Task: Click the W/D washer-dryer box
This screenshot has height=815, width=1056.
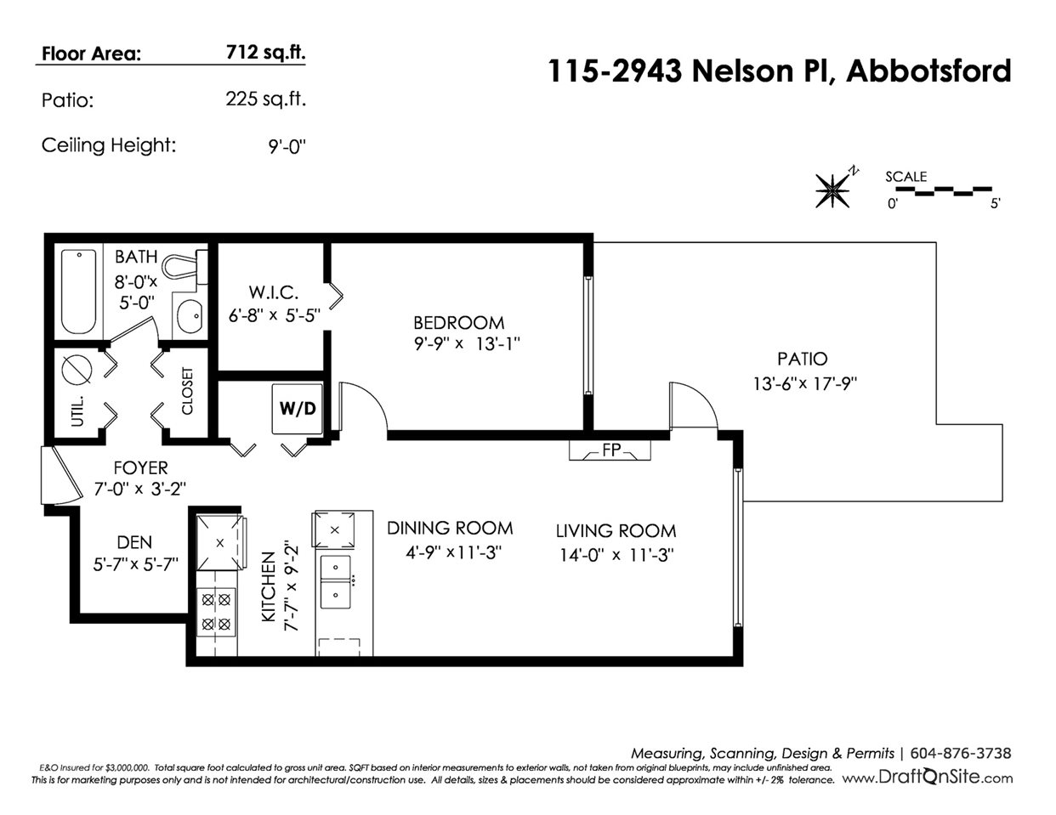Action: coord(297,409)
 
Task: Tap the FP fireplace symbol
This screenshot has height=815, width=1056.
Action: coord(610,450)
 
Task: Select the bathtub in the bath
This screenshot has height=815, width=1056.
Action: coord(78,291)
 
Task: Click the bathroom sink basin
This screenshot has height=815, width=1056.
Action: coord(190,316)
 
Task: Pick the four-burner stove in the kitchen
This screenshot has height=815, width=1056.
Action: coord(216,612)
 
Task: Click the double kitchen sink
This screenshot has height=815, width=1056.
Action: coord(335,581)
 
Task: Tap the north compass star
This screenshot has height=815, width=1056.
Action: coord(833,190)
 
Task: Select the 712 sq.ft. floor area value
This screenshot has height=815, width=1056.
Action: coord(265,53)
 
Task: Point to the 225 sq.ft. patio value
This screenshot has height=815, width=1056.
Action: coord(265,99)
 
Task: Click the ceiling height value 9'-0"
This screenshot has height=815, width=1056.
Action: coord(287,146)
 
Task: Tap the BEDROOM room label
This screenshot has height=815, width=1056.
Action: coord(459,323)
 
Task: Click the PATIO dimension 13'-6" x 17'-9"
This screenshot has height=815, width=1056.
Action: coord(805,383)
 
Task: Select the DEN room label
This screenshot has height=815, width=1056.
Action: coord(134,542)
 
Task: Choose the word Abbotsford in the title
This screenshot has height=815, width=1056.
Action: coord(928,71)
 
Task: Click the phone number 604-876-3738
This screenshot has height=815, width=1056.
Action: coord(960,753)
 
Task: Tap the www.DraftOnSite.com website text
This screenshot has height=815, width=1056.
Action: coord(928,778)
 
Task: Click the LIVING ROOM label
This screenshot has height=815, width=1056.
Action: coord(616,531)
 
